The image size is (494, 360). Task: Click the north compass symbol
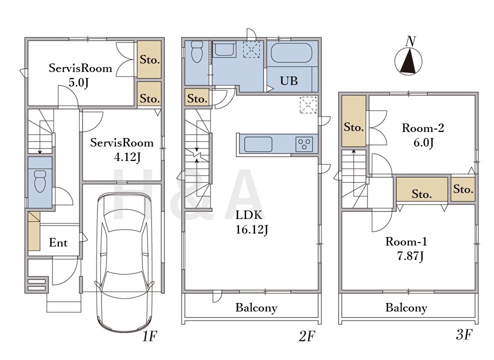408,60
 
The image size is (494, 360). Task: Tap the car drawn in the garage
125,262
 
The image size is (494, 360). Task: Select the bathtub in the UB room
291,53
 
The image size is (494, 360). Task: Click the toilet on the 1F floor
40,181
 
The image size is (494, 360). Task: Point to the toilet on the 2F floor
197,51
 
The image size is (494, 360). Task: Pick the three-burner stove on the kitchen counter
304,144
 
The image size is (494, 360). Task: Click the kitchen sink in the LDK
258,144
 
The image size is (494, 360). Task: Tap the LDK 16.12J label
251,222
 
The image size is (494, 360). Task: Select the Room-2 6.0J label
423,135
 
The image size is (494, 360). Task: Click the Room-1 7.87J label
406,249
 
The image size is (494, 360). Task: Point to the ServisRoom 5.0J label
80,75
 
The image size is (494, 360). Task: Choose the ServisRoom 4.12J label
122,149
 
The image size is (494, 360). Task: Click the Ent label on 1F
58,242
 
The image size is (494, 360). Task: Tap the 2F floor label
306,336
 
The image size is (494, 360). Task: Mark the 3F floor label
464,334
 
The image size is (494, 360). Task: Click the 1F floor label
149,336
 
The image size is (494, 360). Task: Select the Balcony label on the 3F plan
406,307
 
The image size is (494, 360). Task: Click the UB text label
289,81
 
